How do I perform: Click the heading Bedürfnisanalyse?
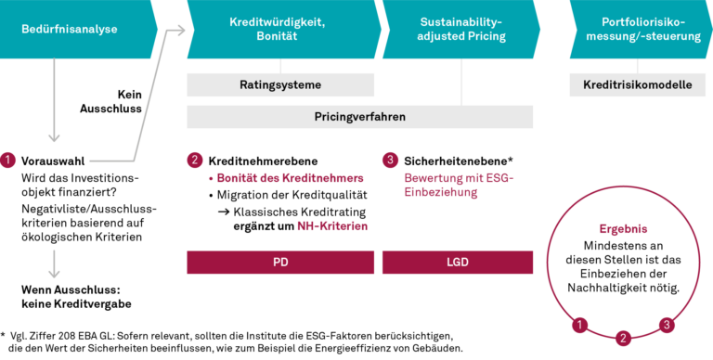(x=70, y=29)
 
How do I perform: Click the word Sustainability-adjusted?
(x=460, y=19)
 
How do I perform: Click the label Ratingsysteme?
(x=280, y=85)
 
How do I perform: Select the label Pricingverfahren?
(x=360, y=117)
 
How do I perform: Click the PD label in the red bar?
(x=280, y=263)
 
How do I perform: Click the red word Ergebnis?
(x=623, y=228)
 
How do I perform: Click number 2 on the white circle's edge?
(x=624, y=337)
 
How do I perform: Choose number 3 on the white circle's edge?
(x=666, y=324)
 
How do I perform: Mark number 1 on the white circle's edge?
(x=580, y=324)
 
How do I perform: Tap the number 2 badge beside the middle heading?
(x=194, y=160)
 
